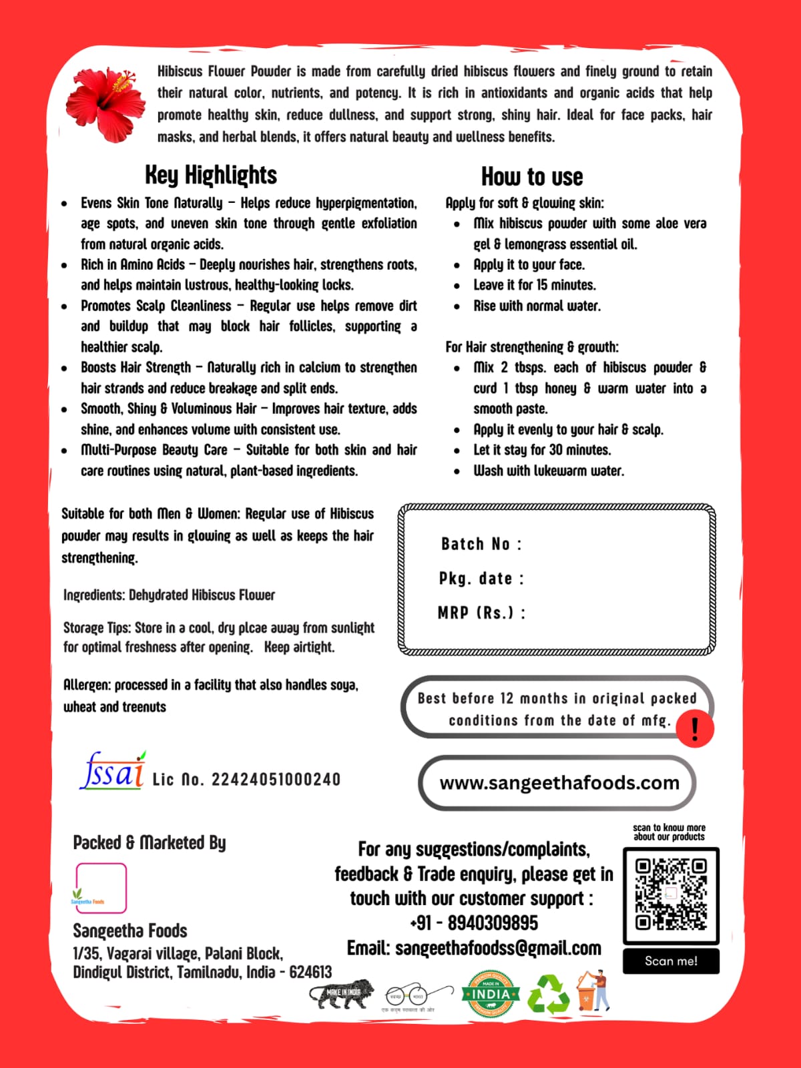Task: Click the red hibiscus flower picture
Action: pos(105,103)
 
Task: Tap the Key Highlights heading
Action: pos(211,176)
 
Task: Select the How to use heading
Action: pos(532,177)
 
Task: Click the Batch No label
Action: pos(481,544)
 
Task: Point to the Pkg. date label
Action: pos(481,579)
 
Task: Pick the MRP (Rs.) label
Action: pos(481,613)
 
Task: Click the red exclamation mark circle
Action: pos(695,728)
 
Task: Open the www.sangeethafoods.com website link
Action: pos(559,782)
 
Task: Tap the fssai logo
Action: pos(112,772)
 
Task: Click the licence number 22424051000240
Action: pos(276,780)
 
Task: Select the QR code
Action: pos(671,894)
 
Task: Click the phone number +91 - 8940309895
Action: pos(474,923)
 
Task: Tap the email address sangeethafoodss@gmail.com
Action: pos(498,949)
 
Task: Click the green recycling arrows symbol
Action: pos(549,995)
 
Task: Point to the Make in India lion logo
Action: pos(342,993)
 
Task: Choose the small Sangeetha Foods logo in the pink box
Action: pos(101,888)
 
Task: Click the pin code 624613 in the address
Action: pos(310,972)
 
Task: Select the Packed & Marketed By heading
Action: pos(150,843)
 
